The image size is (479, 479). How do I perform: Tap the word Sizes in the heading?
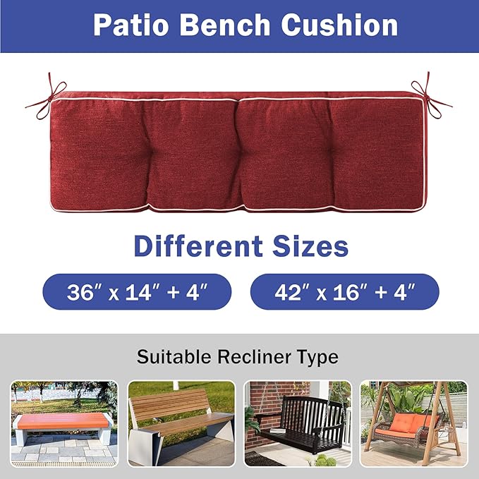pos(309,246)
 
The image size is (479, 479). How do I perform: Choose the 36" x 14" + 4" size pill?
pos(137,292)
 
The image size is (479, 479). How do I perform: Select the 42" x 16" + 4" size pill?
pos(344,292)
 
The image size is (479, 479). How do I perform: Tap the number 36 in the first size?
pos(81,292)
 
